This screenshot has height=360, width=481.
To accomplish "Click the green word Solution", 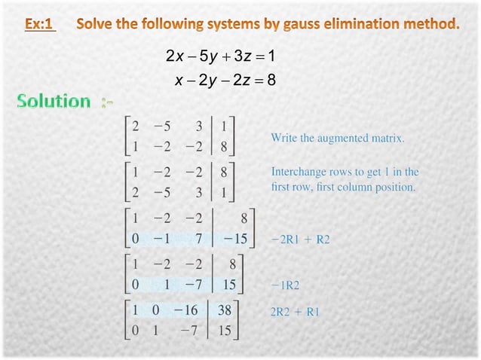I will coord(54,101).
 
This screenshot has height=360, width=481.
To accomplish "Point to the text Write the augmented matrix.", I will coord(338,139).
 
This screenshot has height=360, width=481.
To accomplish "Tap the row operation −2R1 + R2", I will coord(300,239).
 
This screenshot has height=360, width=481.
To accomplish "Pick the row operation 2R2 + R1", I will coord(295,311).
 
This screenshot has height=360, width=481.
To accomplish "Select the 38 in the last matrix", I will coord(224,310).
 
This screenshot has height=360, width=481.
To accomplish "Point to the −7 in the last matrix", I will coord(192,329).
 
